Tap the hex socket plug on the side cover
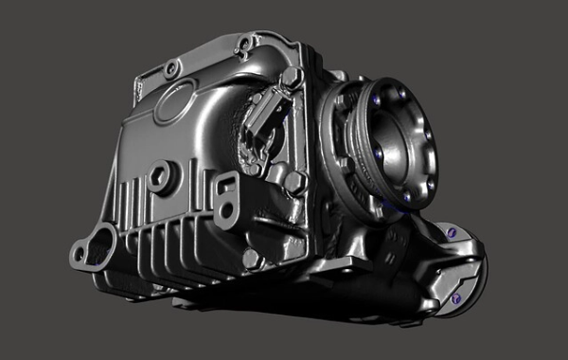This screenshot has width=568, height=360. tap(160, 176)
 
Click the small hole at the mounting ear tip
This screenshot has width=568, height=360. tap(78, 255)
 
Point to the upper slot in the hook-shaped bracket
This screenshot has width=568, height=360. tap(225, 187)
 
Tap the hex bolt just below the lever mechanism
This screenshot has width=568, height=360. tap(295, 182)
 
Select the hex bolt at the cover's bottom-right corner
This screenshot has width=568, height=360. tap(252, 258)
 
